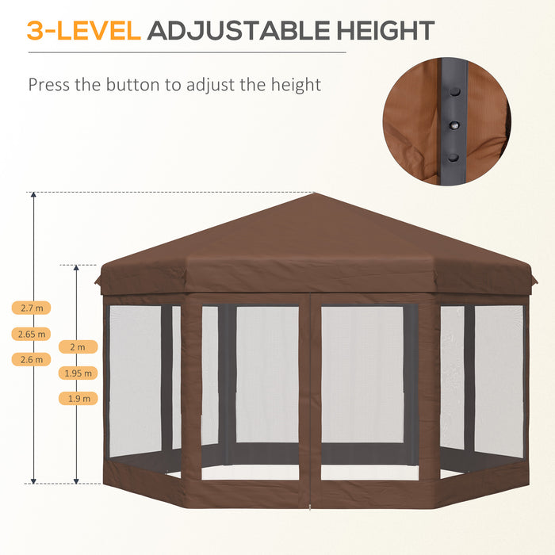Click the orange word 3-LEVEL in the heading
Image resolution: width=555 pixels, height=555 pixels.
click(84, 31)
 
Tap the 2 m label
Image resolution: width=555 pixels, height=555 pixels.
click(78, 346)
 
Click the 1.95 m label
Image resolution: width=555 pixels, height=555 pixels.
click(78, 373)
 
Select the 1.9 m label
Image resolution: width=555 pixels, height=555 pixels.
click(78, 398)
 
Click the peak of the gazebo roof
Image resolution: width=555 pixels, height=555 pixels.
click(315, 193)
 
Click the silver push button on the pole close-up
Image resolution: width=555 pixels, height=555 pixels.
click(455, 125)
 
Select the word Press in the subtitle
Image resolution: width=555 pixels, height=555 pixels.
click(50, 85)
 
